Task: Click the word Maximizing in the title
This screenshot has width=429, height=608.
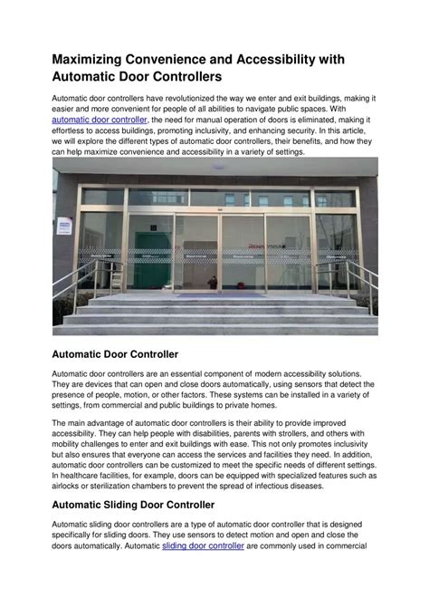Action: click(96, 59)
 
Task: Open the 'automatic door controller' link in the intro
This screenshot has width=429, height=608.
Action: click(100, 119)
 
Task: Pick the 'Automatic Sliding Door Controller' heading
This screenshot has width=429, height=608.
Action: click(133, 504)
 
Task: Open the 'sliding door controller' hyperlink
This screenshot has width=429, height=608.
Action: click(205, 546)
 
